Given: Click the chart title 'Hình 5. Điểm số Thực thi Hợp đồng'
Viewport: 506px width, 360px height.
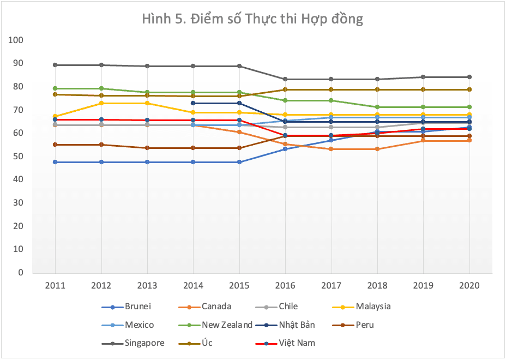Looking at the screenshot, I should (252, 19).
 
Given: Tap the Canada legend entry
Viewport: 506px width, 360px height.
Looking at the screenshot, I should (216, 307).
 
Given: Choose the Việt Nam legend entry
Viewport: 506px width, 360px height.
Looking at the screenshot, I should (296, 343).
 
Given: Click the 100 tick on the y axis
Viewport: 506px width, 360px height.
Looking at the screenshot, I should (16, 40).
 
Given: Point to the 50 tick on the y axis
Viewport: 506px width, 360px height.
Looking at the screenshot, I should (19, 157).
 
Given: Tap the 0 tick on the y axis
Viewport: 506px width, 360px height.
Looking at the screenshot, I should (21, 272).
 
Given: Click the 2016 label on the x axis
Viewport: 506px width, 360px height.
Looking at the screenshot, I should (285, 285).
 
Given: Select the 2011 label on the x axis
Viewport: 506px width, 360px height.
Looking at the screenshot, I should (55, 285).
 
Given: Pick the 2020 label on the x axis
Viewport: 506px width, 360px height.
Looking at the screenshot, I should (469, 285).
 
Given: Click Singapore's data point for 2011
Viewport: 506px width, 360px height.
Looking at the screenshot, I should (55, 65).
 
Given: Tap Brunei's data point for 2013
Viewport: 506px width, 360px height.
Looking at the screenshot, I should (147, 162).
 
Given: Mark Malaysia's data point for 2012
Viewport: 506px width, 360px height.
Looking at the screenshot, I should (101, 103).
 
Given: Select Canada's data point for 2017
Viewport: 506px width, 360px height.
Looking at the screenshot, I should (331, 149).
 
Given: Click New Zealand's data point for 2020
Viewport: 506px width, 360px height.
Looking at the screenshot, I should (469, 107).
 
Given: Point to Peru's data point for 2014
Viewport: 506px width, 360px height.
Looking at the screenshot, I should (193, 148).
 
